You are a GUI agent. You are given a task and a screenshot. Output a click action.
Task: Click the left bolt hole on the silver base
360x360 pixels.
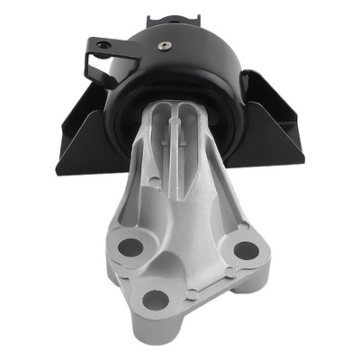[x=131, y=246]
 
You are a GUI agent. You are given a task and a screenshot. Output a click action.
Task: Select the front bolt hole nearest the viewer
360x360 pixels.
[x=156, y=300]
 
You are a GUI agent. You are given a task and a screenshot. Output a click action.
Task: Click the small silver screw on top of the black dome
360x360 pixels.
[x=164, y=44]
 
